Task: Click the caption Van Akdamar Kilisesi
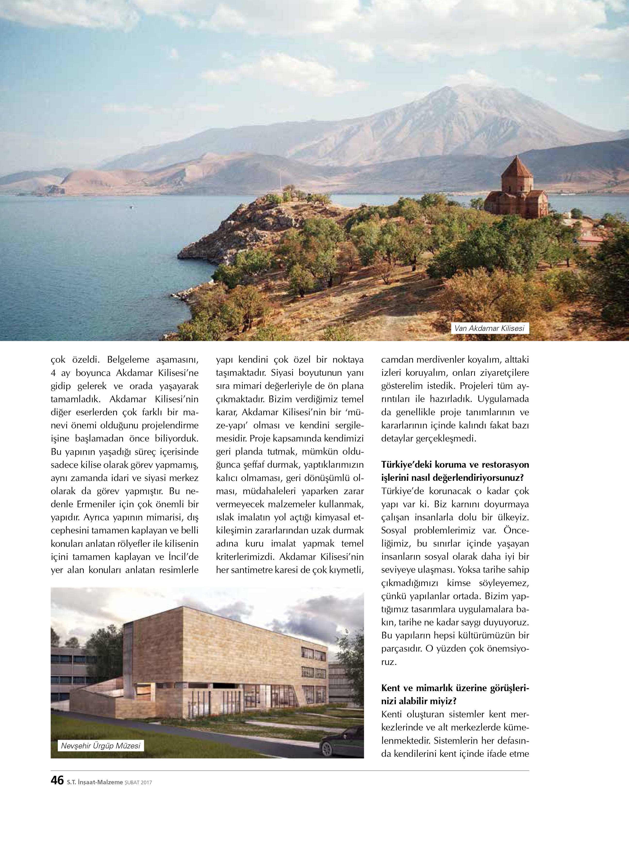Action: pos(490,328)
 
